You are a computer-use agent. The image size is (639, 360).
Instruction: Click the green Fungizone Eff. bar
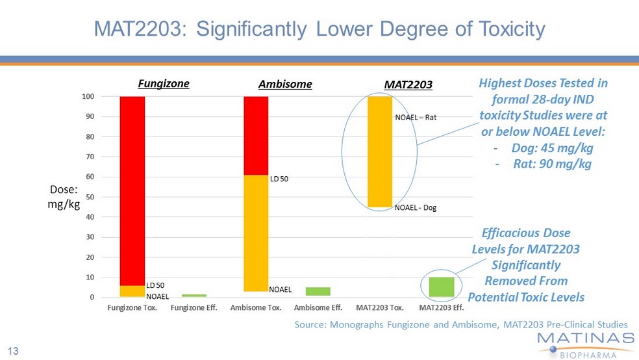tap(194, 295)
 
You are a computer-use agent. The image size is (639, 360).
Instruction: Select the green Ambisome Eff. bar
tap(318, 292)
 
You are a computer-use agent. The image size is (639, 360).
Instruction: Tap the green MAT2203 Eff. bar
tap(442, 287)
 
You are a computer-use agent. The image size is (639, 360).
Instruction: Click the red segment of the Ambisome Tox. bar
tap(256, 136)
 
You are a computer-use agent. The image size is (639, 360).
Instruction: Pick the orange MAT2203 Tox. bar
tap(380, 151)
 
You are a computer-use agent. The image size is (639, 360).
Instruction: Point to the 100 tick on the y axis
tap(88, 97)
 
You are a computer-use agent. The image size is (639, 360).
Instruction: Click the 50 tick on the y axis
tap(90, 197)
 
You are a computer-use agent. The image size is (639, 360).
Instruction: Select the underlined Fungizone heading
tap(164, 84)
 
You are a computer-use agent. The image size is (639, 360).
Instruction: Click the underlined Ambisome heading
tap(285, 84)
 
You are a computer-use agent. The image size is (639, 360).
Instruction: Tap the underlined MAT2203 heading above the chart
tap(408, 84)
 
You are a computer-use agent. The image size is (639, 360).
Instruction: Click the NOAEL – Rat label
tap(416, 118)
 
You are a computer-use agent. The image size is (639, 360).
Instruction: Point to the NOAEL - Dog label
tap(416, 207)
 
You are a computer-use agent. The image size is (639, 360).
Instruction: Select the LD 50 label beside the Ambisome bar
tap(279, 179)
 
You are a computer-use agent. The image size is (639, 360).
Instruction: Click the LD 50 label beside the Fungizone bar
tap(155, 285)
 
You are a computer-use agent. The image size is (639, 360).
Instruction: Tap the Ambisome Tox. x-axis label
tap(256, 307)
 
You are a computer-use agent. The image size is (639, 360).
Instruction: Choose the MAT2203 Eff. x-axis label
tap(442, 307)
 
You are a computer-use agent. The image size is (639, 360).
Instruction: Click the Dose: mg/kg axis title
tap(64, 196)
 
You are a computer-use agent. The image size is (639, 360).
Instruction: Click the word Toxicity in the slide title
tap(512, 29)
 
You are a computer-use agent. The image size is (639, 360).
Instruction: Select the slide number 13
tap(13, 351)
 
